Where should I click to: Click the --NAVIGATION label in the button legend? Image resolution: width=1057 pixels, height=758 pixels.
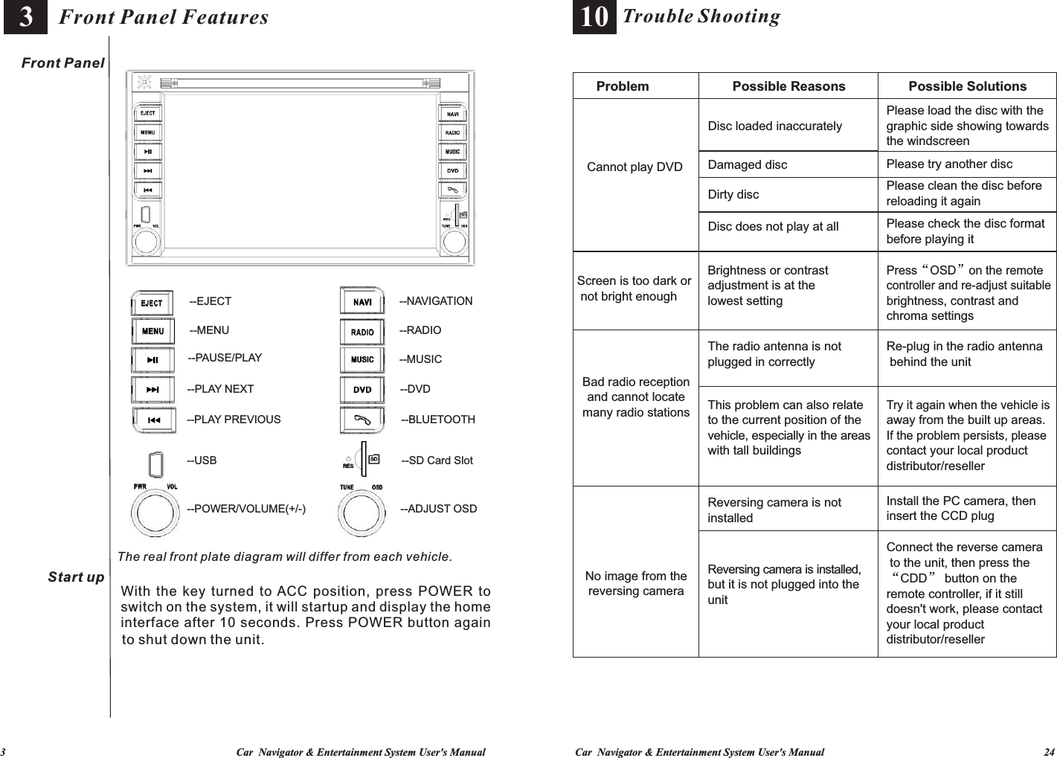(x=436, y=301)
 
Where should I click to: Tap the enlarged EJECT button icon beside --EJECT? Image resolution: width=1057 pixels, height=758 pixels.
(x=152, y=303)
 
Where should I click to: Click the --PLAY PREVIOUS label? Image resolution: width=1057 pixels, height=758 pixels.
(x=234, y=420)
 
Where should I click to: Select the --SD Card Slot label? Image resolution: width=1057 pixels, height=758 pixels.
(x=437, y=460)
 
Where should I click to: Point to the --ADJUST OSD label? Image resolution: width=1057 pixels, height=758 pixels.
(x=439, y=509)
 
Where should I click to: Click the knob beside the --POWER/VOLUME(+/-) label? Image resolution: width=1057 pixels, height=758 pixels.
(x=155, y=513)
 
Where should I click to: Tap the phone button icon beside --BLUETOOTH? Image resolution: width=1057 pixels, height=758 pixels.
(x=362, y=420)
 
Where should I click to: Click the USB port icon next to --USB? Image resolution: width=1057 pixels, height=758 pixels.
(x=156, y=463)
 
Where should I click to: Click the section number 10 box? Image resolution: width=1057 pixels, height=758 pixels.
(x=594, y=17)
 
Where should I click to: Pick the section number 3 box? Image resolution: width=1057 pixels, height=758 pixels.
(x=25, y=17)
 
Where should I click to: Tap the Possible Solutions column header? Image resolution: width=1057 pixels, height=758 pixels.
(x=967, y=86)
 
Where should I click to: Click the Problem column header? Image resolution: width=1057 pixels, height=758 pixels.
(x=623, y=86)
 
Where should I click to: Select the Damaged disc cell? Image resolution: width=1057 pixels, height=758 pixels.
(x=747, y=164)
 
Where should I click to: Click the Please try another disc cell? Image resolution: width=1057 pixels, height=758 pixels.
(x=949, y=164)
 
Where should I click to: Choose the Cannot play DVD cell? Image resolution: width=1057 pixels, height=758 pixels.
(x=634, y=167)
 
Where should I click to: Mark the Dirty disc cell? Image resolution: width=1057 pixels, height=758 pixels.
(x=733, y=194)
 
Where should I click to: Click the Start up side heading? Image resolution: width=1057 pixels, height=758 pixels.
(x=76, y=577)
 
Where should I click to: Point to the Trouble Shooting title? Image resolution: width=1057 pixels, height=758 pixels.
(x=701, y=16)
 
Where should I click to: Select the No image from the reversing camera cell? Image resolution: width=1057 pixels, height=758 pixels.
(x=636, y=583)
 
